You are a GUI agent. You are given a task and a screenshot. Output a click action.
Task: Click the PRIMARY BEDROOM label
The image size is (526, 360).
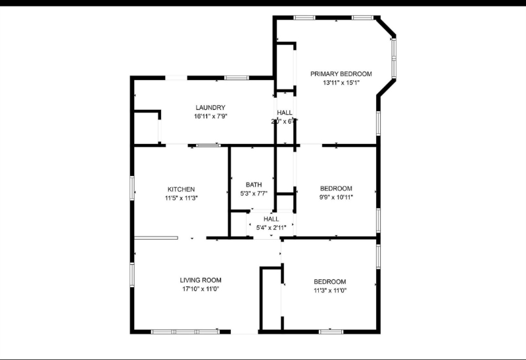[341, 74]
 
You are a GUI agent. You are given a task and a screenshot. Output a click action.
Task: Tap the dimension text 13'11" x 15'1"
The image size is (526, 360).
[341, 83]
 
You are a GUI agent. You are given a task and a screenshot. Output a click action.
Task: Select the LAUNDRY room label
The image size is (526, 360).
[210, 108]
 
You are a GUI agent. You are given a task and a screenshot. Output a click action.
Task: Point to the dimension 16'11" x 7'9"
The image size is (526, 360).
[210, 116]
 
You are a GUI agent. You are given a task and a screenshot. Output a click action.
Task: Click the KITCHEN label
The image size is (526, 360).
[181, 189]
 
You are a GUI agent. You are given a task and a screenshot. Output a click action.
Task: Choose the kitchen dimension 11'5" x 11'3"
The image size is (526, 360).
[181, 198]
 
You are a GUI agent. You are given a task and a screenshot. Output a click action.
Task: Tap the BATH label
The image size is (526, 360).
[254, 185]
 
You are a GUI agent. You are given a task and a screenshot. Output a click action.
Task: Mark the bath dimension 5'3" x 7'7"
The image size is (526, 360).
[254, 193]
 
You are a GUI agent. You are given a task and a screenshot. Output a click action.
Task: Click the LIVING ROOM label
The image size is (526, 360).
[201, 280]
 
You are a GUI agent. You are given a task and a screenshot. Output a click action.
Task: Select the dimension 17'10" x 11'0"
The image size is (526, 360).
[201, 288]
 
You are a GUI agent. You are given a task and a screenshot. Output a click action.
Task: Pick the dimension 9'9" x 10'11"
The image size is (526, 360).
[336, 196]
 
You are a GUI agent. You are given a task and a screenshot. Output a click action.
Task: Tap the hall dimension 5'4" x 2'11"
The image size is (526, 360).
[271, 227]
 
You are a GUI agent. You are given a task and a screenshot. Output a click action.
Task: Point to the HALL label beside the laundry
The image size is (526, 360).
[285, 112]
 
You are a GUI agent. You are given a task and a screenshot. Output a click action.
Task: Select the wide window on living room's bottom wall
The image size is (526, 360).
[185, 332]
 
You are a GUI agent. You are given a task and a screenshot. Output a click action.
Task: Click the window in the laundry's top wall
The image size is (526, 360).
[236, 78]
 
